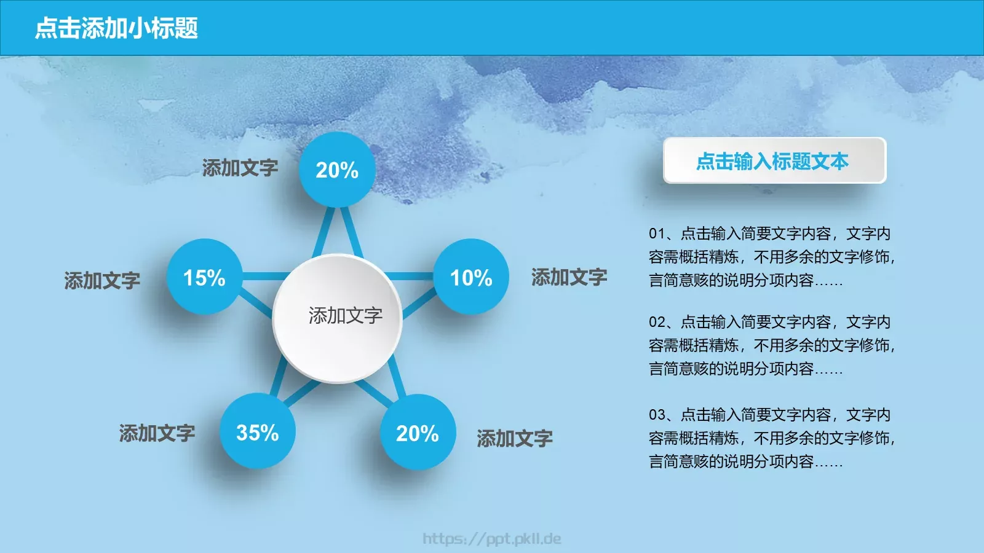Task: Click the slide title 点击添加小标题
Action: (x=116, y=28)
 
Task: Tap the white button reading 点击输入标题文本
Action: (x=774, y=160)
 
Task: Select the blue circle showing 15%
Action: (x=204, y=277)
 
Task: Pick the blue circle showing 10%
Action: (x=471, y=277)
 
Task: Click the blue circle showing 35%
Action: (x=258, y=432)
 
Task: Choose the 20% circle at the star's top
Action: (x=337, y=170)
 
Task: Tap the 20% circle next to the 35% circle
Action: (x=418, y=433)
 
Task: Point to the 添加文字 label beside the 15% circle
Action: (x=102, y=280)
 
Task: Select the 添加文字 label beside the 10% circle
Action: (x=569, y=277)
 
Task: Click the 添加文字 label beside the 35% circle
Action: (x=157, y=433)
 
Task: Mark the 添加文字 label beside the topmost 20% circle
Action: (x=240, y=168)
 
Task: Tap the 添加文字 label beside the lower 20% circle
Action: (x=514, y=438)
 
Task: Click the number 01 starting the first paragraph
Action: (x=657, y=233)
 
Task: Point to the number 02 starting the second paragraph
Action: (x=657, y=322)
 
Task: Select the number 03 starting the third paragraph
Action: (x=657, y=415)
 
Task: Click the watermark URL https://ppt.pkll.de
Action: (x=491, y=539)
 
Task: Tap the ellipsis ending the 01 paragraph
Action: (x=829, y=282)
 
